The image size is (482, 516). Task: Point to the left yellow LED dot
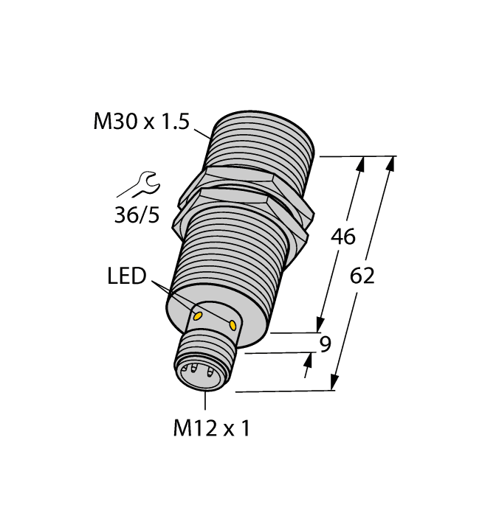coord(197,315)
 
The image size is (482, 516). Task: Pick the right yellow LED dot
coord(234,324)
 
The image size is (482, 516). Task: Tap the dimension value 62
coord(362,276)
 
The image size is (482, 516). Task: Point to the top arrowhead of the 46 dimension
coord(361,164)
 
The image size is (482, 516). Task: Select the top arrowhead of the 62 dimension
coord(390,164)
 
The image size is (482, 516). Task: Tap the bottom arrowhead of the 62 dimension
coord(334,382)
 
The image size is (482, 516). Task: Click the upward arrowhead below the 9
coord(308,360)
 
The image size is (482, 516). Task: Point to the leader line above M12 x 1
coord(204,400)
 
